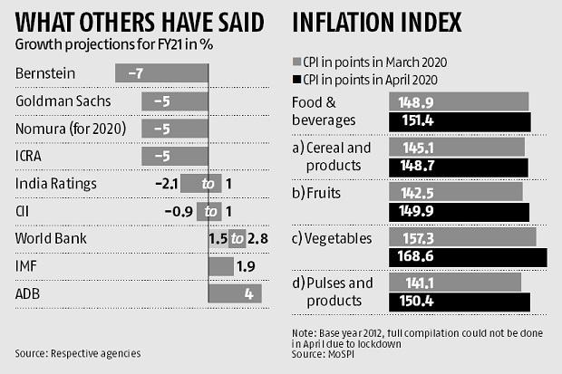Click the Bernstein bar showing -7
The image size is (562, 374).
[161, 72]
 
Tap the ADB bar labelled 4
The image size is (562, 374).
[235, 294]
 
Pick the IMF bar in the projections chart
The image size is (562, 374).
[220, 267]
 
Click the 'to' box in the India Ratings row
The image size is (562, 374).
[208, 184]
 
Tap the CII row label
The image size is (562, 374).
[24, 212]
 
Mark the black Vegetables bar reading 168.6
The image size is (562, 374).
[468, 257]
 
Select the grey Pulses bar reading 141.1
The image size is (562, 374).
[454, 282]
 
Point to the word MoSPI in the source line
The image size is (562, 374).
[341, 354]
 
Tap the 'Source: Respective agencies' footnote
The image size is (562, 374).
[78, 352]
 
